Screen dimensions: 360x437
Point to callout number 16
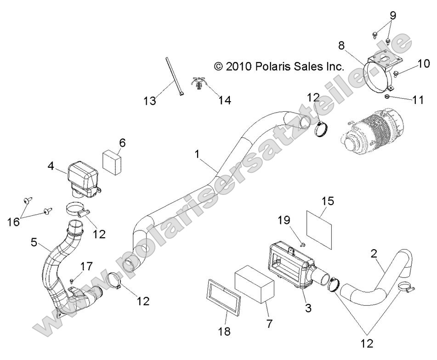pos(14,223)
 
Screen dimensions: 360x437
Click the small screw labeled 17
pos(72,280)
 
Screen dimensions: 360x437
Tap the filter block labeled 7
pos(255,285)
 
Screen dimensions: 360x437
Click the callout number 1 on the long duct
pos(197,154)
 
